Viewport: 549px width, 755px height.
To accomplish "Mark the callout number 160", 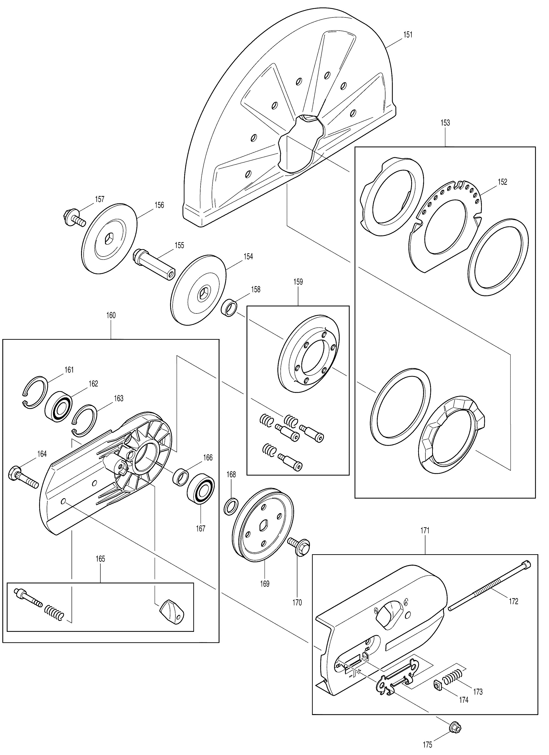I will pyautogui.click(x=111, y=315).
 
